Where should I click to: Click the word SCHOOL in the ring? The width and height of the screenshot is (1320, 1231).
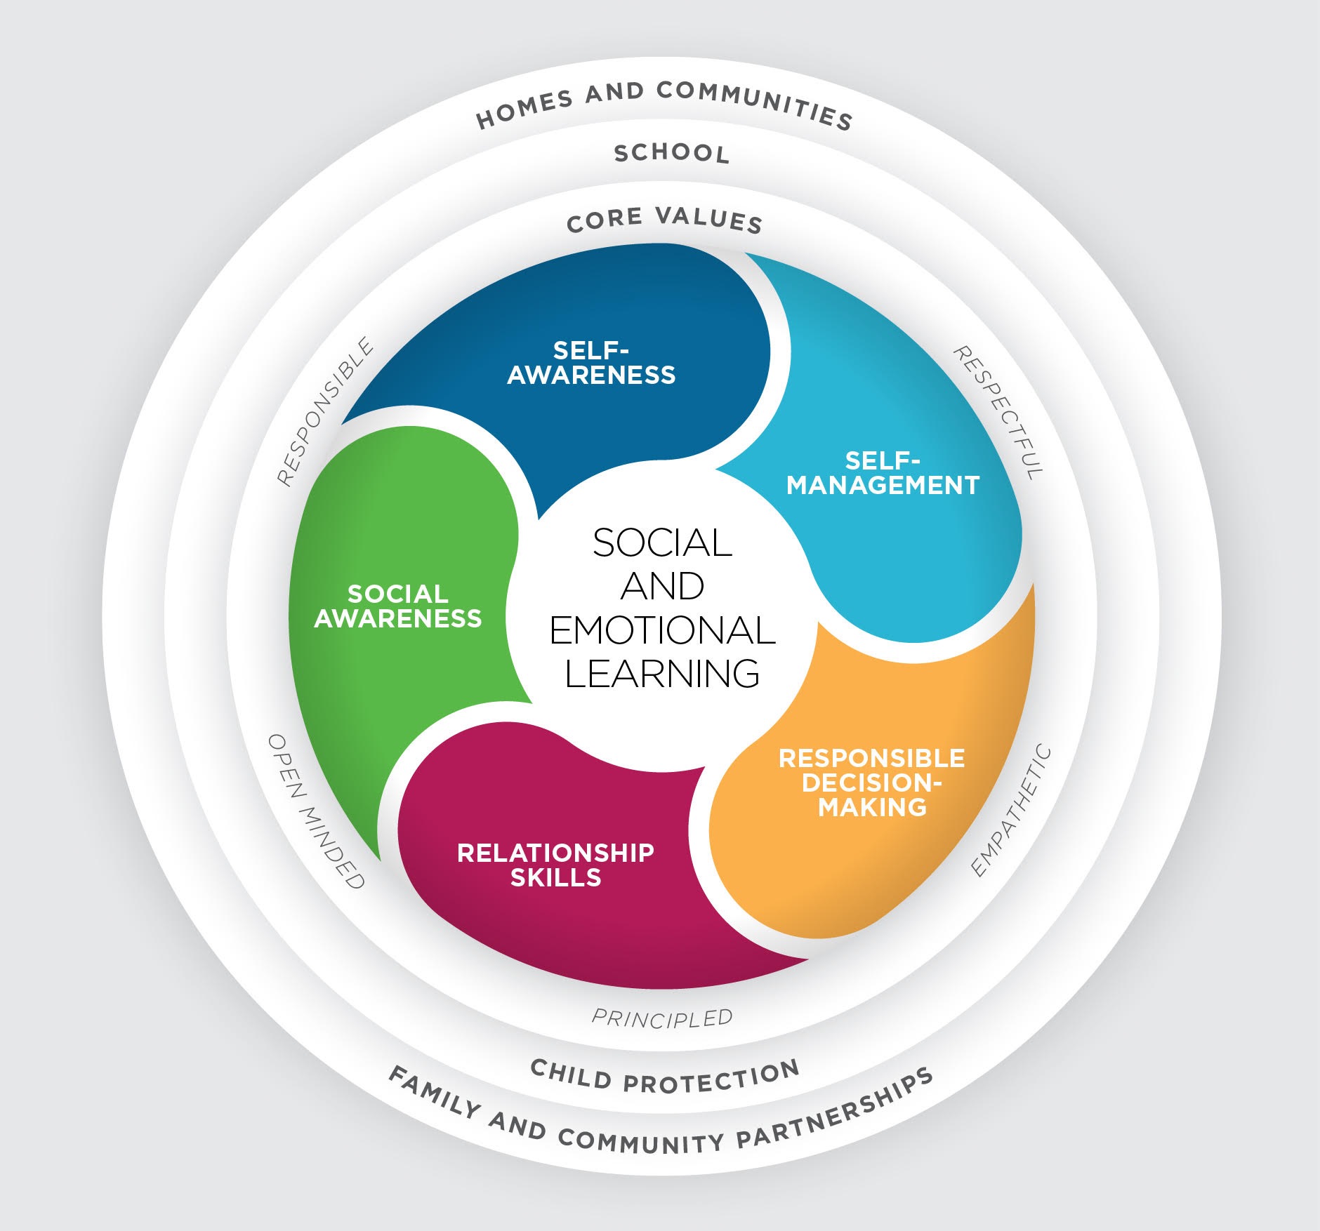(672, 153)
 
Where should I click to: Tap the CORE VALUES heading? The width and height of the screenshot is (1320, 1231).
(664, 219)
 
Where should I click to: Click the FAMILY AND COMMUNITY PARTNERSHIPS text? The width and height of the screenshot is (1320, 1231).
(661, 1116)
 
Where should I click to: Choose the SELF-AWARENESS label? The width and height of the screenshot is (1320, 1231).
(591, 362)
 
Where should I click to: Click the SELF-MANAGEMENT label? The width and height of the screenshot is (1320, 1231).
(883, 473)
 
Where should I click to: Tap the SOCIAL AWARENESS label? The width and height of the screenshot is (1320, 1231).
(398, 606)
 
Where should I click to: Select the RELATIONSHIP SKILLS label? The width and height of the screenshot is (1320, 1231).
(555, 865)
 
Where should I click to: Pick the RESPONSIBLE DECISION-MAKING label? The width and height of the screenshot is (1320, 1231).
(872, 783)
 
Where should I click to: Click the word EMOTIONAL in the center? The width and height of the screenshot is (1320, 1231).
(662, 630)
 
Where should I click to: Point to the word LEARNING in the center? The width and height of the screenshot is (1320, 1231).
(662, 673)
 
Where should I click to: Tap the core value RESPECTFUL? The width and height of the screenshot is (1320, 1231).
(998, 413)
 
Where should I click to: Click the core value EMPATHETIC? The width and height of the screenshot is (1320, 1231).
(1011, 812)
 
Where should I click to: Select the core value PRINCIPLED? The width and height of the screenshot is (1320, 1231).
(662, 1018)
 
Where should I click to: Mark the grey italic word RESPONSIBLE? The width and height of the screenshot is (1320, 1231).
(325, 412)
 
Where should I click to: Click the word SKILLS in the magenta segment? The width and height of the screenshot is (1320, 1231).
(555, 877)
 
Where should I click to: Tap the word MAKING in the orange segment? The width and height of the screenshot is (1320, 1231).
(872, 807)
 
